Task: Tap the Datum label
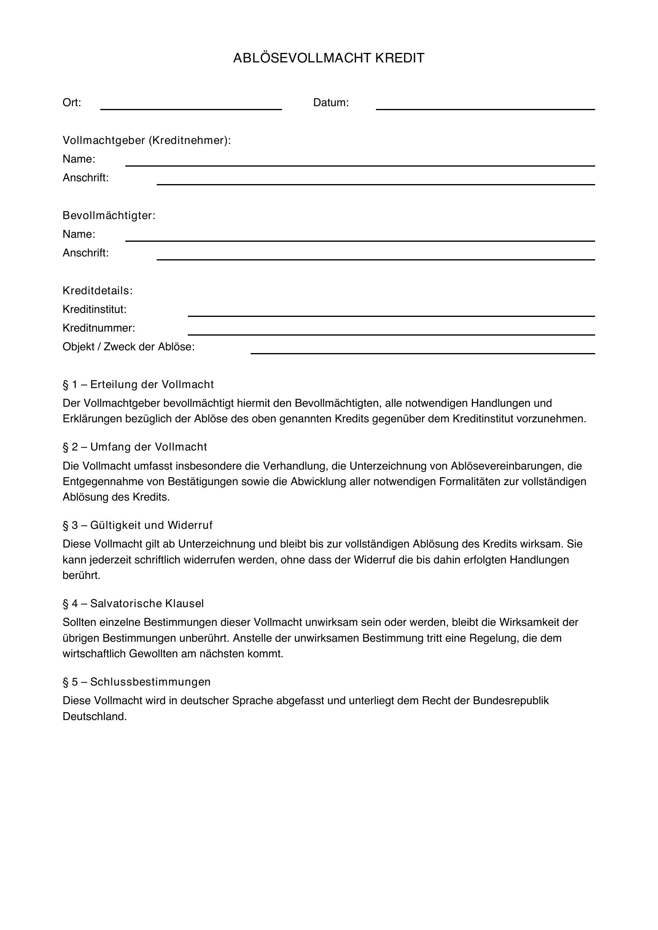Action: pos(331,103)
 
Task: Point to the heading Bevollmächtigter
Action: pos(109,216)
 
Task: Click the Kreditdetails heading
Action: pos(97,291)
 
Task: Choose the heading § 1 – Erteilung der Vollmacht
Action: pos(138,384)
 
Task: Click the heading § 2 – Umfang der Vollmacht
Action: pos(135,447)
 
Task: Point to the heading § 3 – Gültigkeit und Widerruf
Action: pos(137,525)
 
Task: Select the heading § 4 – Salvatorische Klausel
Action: pos(133,604)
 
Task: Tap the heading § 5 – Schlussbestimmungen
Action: pos(136,682)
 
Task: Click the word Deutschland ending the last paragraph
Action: pos(95,716)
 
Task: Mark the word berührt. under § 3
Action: pos(82,576)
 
